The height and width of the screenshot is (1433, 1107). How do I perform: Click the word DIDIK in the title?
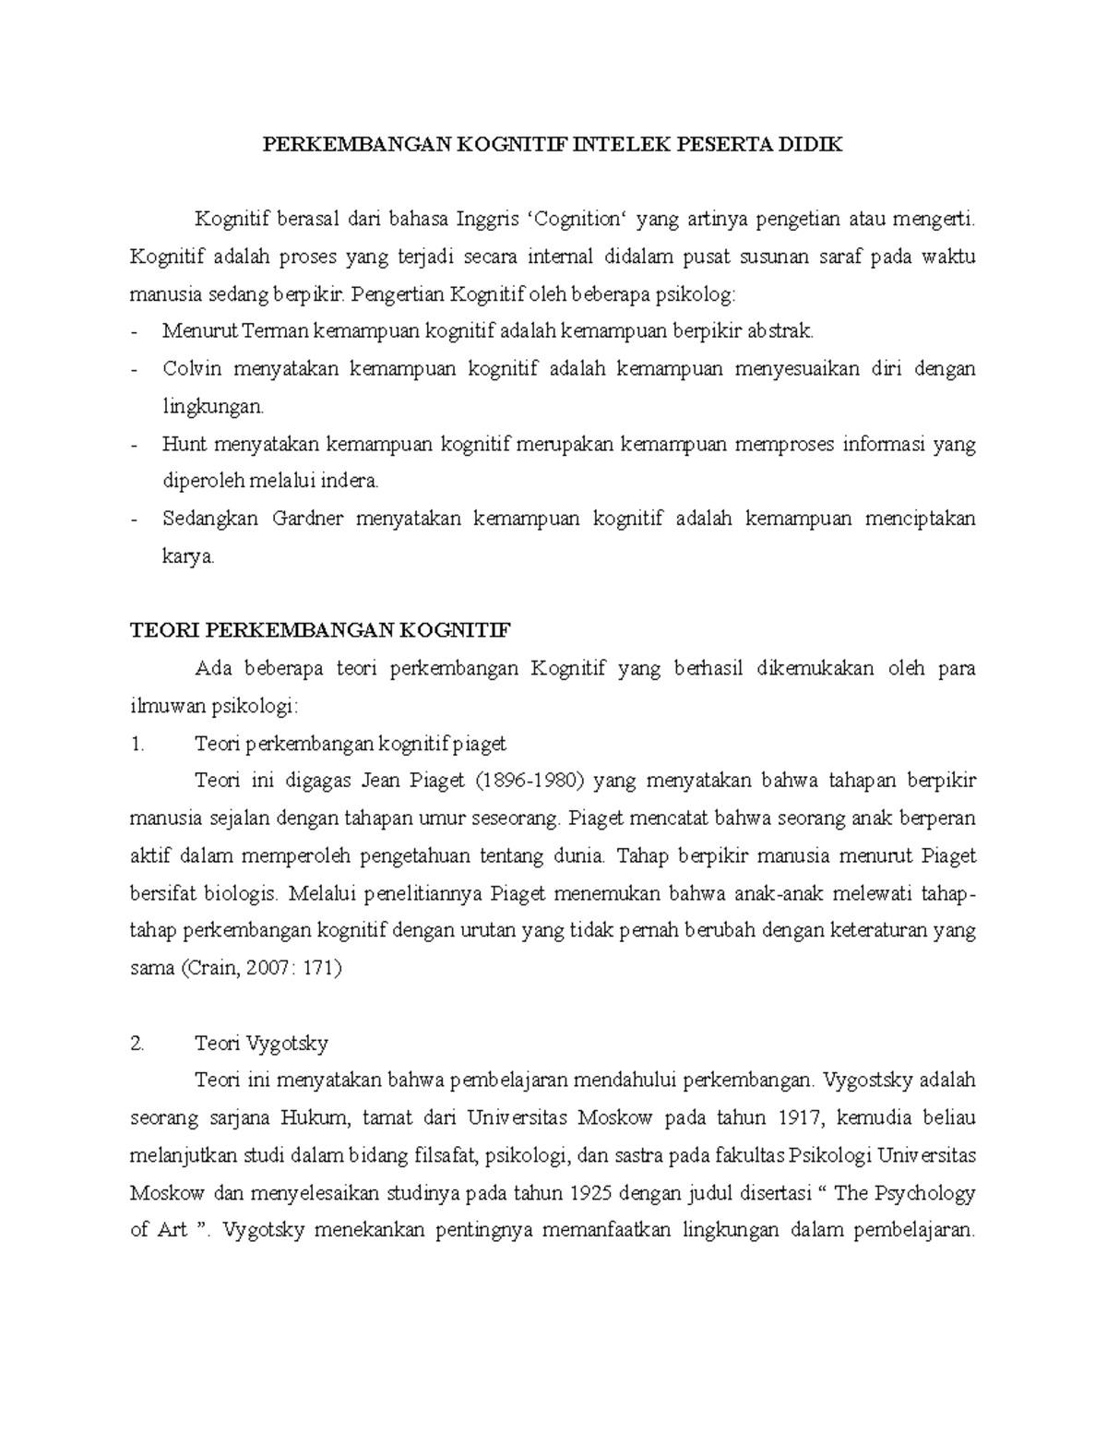(x=813, y=145)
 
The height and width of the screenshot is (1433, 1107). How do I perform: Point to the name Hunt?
(x=183, y=444)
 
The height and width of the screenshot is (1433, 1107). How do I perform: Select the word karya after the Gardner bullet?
(x=188, y=556)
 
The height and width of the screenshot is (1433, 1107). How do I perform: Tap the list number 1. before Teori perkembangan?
(x=138, y=744)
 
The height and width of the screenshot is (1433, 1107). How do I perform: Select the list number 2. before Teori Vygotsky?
(x=138, y=1044)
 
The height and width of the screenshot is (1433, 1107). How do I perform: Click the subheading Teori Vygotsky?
(x=261, y=1044)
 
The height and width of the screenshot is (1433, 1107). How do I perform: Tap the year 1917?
(x=799, y=1118)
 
